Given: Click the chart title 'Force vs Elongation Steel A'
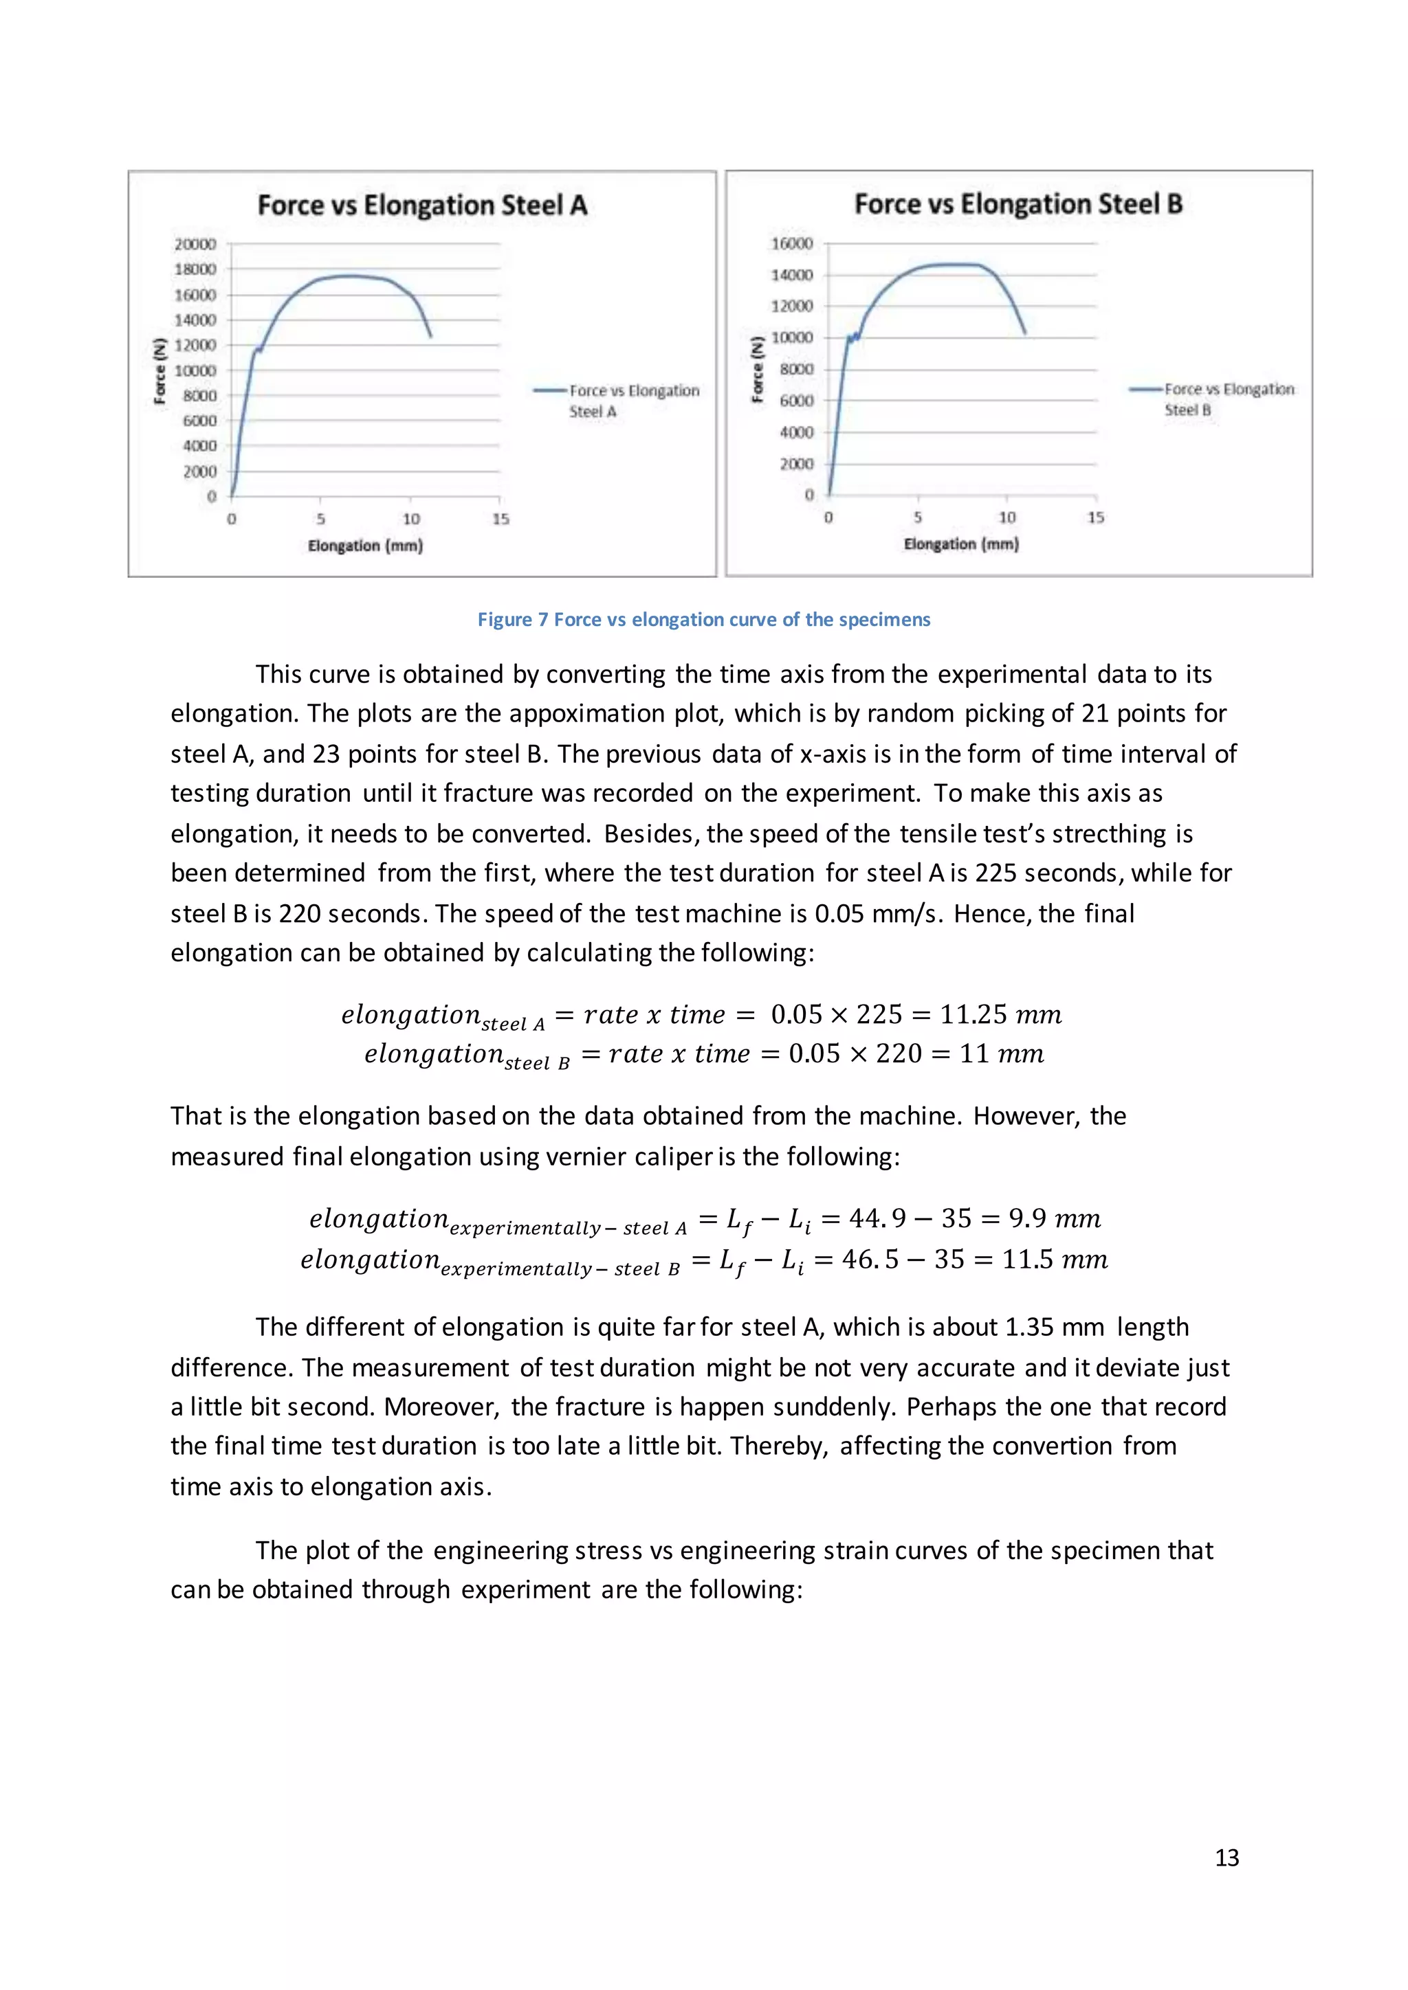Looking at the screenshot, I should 422,205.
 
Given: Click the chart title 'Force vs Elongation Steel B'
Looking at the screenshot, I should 1018,203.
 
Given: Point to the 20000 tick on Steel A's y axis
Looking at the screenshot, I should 195,245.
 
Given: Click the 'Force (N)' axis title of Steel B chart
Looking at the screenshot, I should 757,369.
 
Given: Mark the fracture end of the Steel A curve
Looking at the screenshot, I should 431,335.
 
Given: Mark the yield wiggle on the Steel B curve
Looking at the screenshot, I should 854,336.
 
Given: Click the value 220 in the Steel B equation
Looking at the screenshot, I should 898,1053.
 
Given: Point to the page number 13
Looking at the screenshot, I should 1226,1857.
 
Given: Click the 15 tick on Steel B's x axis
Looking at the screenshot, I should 1095,517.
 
